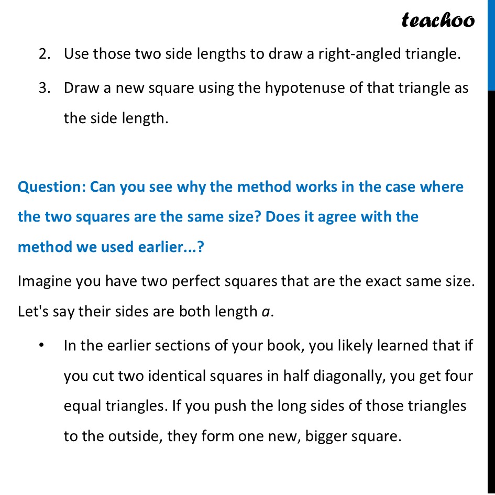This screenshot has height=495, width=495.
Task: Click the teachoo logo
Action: (438, 20)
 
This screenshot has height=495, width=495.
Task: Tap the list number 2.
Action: (43, 54)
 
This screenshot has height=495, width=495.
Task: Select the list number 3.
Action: (43, 88)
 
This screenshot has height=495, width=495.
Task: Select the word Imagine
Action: (45, 282)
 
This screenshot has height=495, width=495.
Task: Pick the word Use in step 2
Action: (76, 54)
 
